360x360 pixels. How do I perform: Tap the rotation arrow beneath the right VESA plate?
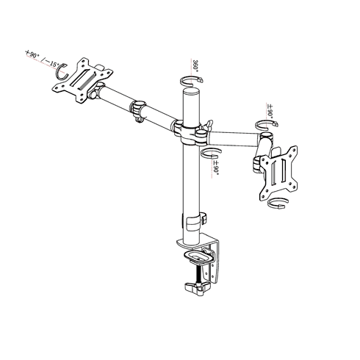tap(278, 204)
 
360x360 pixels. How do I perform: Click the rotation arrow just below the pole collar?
tap(212, 153)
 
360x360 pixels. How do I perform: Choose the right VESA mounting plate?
tap(277, 170)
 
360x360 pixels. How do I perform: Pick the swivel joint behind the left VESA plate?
tap(96, 95)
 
